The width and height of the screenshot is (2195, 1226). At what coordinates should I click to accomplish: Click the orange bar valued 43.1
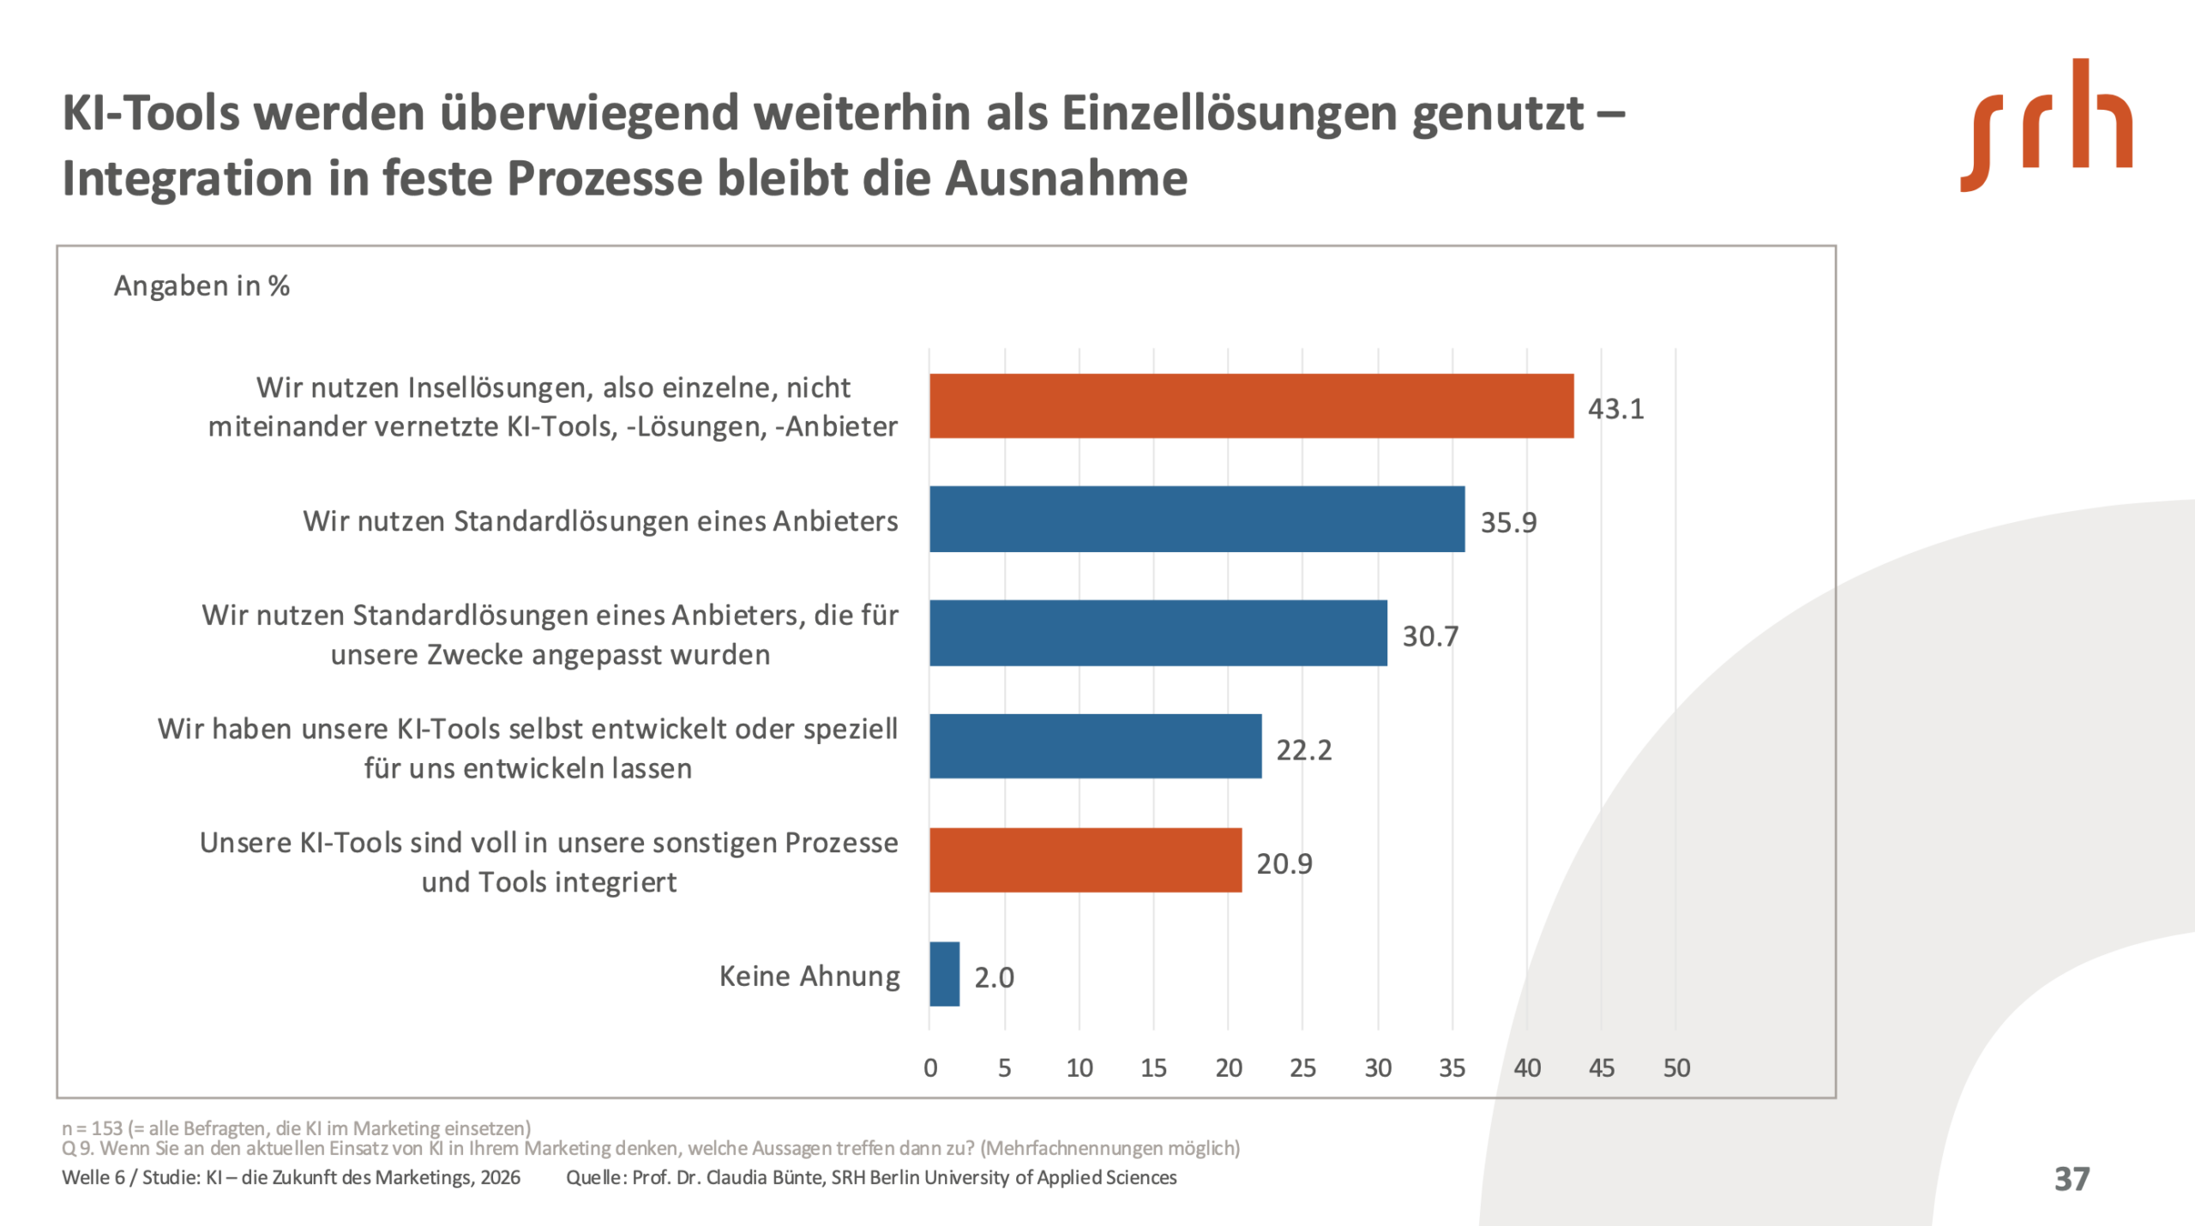[1251, 406]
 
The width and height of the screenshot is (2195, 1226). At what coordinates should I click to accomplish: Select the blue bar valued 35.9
[1197, 519]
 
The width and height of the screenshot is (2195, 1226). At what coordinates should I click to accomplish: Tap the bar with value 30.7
[1158, 633]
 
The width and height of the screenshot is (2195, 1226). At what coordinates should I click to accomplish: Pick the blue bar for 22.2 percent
[1095, 746]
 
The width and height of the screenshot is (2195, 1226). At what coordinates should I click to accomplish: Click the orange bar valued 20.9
[1085, 860]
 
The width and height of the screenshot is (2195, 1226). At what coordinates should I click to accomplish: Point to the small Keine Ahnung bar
[944, 974]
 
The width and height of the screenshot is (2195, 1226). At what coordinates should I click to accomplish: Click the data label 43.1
[1615, 409]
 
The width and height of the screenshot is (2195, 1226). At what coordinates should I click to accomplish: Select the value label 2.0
[994, 977]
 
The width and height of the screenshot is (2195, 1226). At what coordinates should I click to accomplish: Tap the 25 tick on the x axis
[1302, 1068]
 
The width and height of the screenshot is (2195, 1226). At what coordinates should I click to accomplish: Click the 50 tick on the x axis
[1676, 1068]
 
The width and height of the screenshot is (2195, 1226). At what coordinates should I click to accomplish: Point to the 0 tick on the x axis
[930, 1068]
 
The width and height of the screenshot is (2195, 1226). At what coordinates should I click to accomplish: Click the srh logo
[2046, 125]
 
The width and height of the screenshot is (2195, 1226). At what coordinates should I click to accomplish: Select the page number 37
[2072, 1179]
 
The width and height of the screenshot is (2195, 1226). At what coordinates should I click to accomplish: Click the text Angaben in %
[201, 285]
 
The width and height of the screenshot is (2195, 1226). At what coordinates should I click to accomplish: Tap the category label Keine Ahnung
[809, 977]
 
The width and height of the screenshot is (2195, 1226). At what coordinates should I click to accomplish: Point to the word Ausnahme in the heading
[1067, 178]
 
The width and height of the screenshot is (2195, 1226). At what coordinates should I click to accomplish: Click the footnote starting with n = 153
[296, 1128]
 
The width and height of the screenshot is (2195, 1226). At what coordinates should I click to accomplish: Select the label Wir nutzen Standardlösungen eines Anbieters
[600, 521]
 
